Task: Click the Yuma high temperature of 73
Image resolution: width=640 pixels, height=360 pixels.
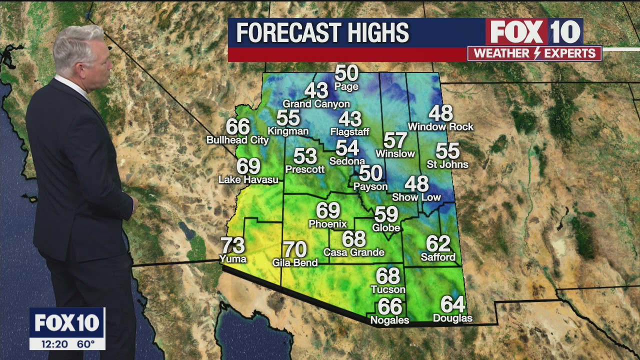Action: (233, 245)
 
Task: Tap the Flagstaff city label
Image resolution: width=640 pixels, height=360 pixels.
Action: (350, 132)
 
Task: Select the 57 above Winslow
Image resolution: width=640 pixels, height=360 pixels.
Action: (395, 141)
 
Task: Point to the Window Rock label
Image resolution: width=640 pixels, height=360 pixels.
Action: (440, 127)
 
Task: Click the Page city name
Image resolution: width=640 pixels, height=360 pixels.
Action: (346, 86)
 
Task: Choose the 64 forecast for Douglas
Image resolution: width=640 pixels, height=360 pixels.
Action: (452, 304)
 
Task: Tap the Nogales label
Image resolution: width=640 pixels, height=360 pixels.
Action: (389, 320)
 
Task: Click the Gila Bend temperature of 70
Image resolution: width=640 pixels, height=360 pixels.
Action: (295, 249)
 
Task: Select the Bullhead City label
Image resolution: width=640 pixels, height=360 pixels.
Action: (237, 140)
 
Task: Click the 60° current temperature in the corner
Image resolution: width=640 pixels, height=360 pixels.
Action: (85, 344)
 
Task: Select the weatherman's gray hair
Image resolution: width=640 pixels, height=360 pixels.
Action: (80, 45)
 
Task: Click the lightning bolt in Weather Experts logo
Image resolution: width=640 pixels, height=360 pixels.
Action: (537, 53)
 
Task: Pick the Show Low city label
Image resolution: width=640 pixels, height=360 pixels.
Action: (416, 197)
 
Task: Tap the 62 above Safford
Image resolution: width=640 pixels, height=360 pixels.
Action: (438, 244)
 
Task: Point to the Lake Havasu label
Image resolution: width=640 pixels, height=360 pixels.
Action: (248, 179)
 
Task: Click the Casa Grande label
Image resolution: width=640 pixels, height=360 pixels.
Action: (354, 252)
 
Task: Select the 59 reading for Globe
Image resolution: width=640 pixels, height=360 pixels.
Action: (386, 214)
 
